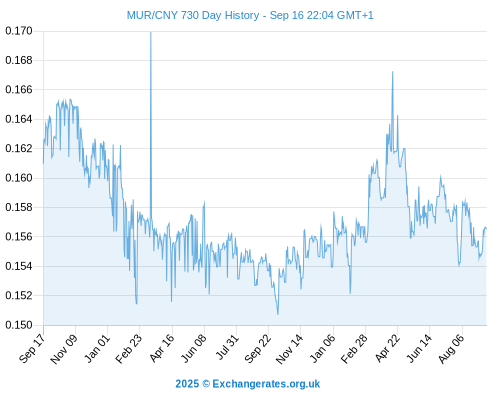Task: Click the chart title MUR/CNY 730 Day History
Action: pos(193,15)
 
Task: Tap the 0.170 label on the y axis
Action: pos(19,31)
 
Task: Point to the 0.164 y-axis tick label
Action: pos(19,119)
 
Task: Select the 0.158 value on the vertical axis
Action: pos(19,207)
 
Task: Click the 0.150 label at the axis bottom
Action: pos(19,325)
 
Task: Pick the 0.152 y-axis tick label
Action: pos(19,295)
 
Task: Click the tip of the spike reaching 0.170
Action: pos(151,32)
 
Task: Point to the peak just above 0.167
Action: pos(393,72)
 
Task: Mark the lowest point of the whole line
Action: pos(278,314)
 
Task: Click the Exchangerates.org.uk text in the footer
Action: pos(266,384)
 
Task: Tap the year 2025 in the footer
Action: pos(187,384)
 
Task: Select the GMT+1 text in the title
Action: pos(355,15)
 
